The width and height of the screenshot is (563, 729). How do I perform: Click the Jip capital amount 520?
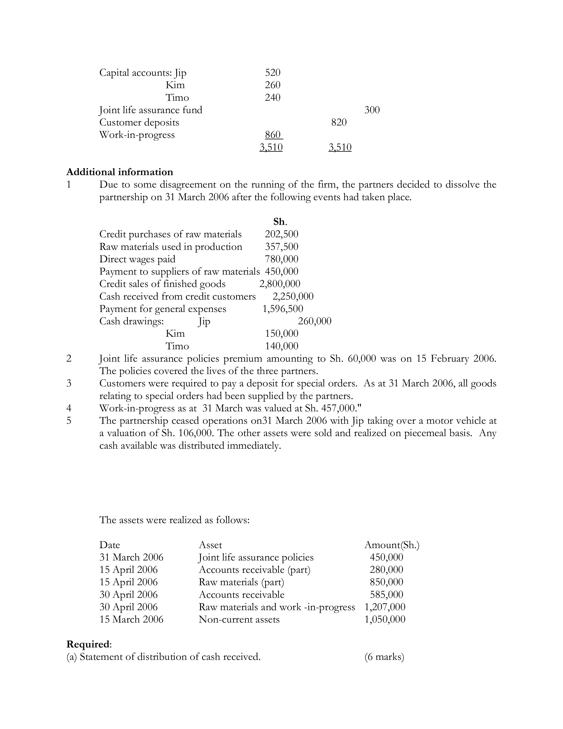point(272,72)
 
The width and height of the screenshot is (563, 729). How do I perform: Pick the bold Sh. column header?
point(280,222)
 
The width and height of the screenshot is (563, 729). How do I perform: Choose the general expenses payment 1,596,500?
point(283,309)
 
